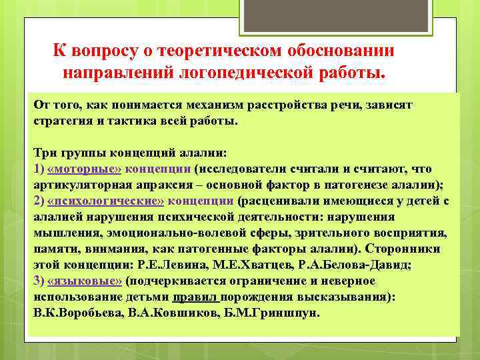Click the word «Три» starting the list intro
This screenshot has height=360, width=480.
(x=44, y=153)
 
